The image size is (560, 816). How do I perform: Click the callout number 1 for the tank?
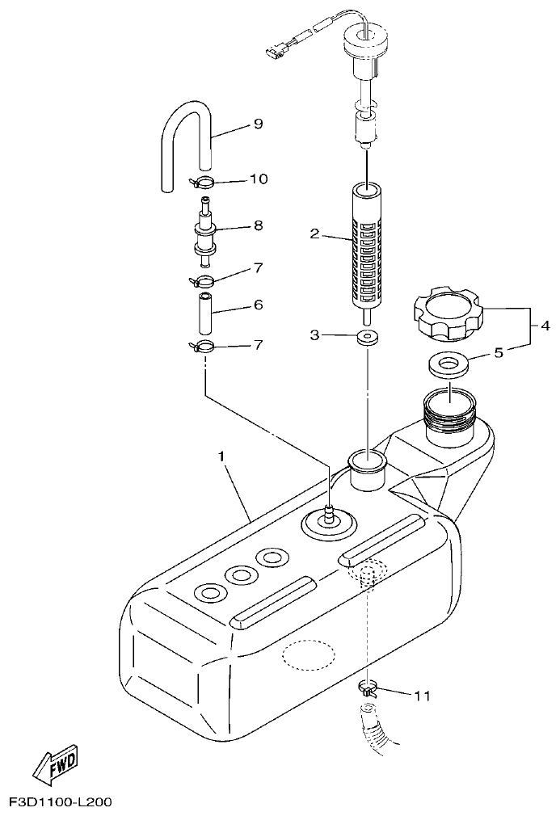220,456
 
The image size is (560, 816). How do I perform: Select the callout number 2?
315,235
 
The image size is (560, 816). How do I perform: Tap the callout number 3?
315,334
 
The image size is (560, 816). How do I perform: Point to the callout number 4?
545,326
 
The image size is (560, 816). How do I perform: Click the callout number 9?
258,124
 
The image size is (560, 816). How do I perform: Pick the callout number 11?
422,694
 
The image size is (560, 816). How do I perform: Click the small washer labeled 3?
368,337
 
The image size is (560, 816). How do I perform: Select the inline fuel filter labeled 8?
204,232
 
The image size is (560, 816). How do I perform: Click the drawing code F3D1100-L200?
60,802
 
